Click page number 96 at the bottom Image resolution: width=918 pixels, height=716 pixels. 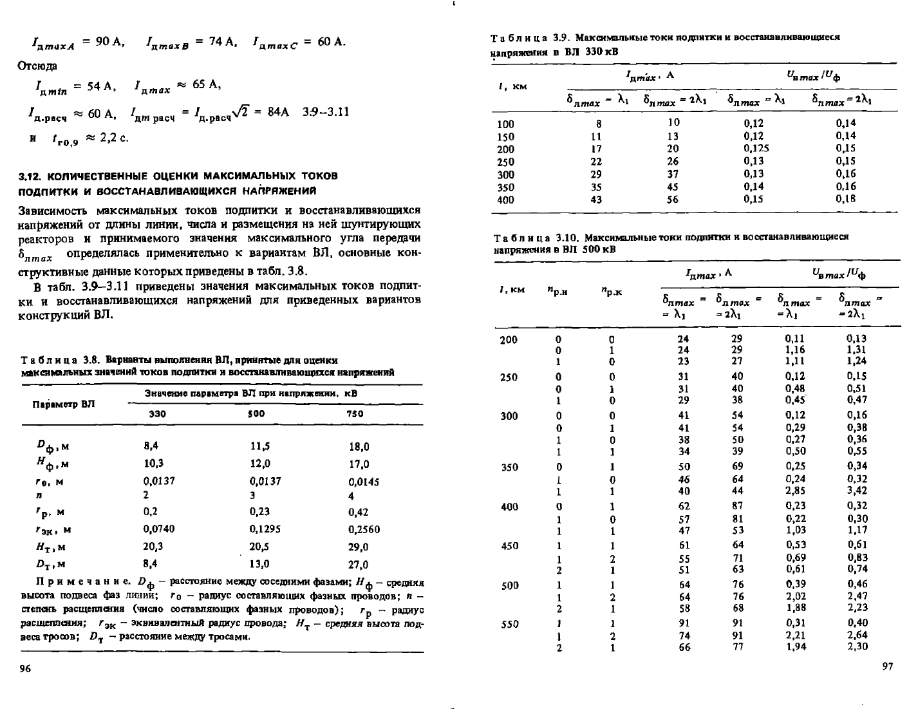click(x=25, y=669)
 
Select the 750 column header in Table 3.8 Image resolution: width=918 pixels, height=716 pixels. click(x=355, y=414)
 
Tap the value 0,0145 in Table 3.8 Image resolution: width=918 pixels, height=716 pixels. click(x=364, y=481)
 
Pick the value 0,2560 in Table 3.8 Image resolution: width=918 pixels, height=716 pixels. click(x=364, y=529)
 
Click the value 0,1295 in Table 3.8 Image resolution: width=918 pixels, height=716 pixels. click(x=265, y=529)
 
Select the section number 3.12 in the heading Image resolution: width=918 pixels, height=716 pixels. click(x=30, y=176)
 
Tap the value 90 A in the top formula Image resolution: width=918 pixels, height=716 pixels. click(x=109, y=42)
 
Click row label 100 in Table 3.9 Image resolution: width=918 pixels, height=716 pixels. click(x=507, y=124)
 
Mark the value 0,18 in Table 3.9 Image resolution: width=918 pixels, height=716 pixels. click(x=846, y=199)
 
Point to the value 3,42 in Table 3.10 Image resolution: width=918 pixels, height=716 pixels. click(x=857, y=490)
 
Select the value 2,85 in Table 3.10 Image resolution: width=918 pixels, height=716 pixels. click(x=796, y=490)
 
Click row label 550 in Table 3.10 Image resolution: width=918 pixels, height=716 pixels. click(x=509, y=623)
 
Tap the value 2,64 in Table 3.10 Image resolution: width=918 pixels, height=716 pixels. click(x=857, y=636)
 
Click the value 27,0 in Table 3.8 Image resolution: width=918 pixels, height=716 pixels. click(x=358, y=565)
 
